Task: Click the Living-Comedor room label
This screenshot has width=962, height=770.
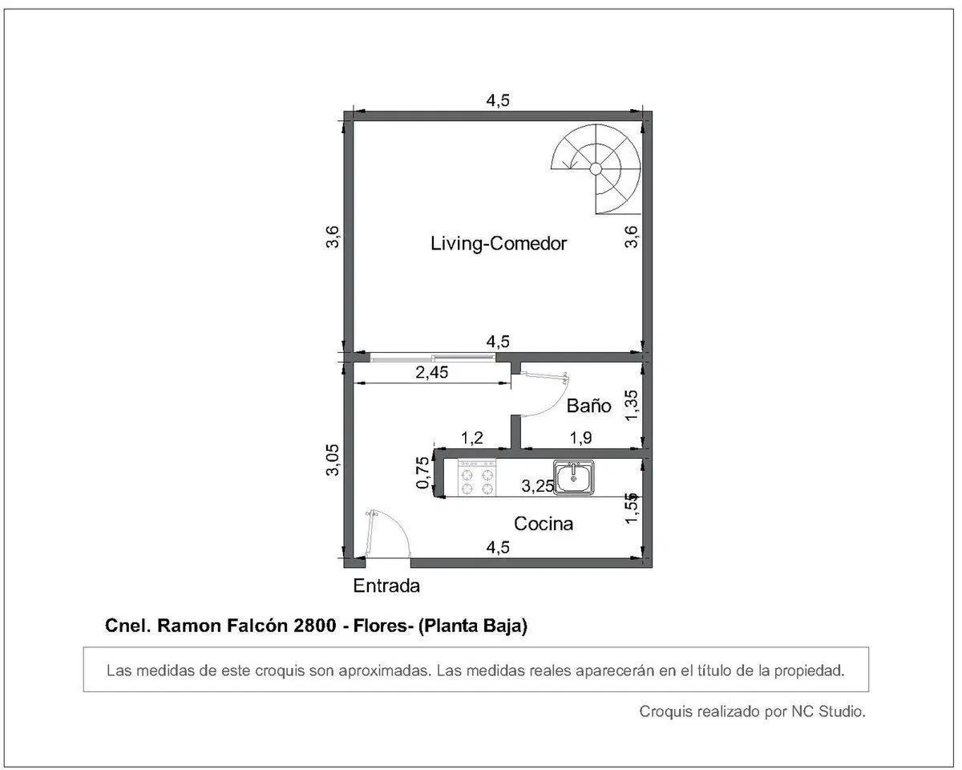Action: coord(499,244)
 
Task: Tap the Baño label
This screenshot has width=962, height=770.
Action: coord(588,405)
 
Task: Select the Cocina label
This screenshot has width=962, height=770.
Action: coord(544,524)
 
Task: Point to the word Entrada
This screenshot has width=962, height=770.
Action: coord(386,586)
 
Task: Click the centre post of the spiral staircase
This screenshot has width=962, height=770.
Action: coord(596,168)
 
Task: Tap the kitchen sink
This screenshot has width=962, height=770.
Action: coord(574,477)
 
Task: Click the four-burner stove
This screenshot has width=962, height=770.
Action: coord(477,477)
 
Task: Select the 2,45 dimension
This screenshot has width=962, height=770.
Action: coord(432,372)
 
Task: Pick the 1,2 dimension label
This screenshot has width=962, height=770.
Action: coord(472,438)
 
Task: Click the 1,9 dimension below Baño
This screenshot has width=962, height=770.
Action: coord(580,438)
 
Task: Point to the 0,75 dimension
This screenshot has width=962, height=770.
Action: coord(422,473)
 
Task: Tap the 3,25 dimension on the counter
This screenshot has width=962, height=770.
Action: coord(537,486)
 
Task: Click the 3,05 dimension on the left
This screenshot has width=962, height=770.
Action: coord(333,460)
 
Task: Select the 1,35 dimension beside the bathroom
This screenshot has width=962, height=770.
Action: coord(632,405)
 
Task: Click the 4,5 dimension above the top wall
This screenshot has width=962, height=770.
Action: coord(498,100)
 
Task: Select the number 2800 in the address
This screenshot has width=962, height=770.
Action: coord(314,626)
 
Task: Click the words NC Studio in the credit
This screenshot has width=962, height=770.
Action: coord(828,711)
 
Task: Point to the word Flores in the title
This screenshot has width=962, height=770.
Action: coord(380,626)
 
